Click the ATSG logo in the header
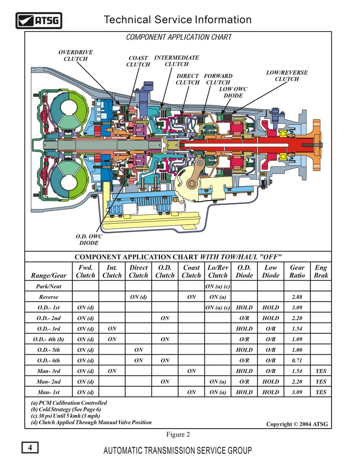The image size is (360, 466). [39, 21]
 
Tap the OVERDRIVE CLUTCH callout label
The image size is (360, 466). [76, 55]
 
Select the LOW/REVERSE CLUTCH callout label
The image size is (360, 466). [287, 76]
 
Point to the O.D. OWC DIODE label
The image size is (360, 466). [89, 240]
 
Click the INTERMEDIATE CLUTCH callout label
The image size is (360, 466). [176, 61]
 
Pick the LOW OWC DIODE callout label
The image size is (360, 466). [233, 92]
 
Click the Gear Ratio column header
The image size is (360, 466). [297, 271]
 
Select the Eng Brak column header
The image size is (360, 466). [321, 271]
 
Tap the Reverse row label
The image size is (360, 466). [49, 297]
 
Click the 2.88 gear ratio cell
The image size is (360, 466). [297, 297]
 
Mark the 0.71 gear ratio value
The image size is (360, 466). [297, 361]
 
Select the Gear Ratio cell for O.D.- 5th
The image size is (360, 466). [297, 350]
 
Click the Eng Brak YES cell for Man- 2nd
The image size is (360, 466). [321, 382]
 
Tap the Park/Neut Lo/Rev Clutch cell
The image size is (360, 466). [218, 286]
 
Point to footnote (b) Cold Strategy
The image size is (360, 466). [66, 409]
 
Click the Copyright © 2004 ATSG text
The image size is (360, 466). [297, 424]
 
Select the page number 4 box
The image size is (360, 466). [30, 447]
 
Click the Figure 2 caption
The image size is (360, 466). [178, 434]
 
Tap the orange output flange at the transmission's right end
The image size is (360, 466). [317, 145]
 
